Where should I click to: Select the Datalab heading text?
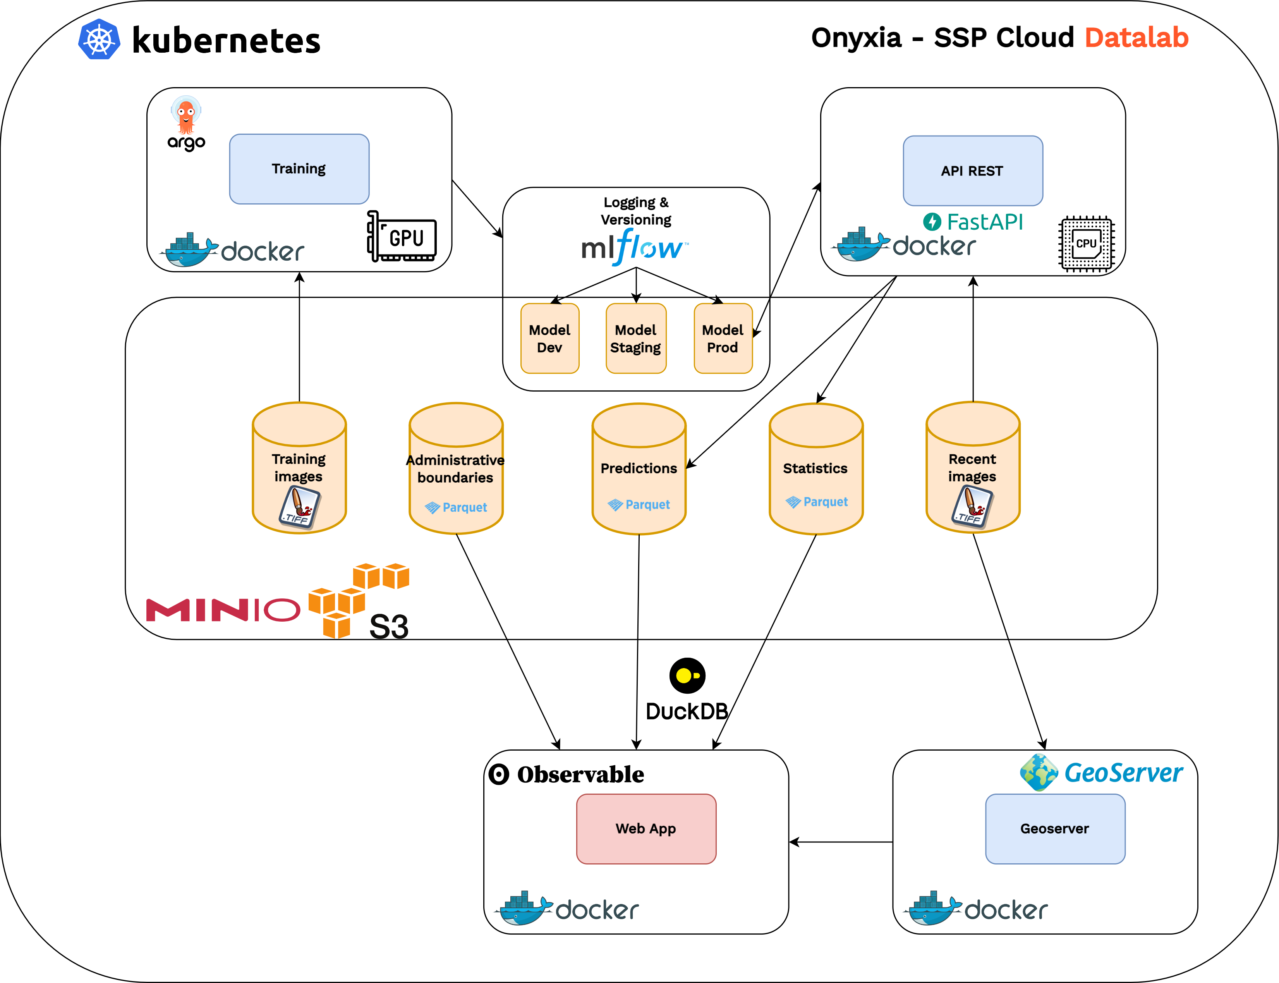[x=1136, y=38]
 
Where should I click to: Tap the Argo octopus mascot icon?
[x=186, y=115]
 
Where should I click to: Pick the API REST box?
[x=972, y=171]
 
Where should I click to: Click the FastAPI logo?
[x=973, y=222]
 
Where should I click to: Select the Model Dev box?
[x=550, y=338]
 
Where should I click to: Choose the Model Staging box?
[x=636, y=338]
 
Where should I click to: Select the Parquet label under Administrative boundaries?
[x=456, y=507]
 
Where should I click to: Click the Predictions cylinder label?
[x=639, y=468]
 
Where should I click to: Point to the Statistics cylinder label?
[x=815, y=468]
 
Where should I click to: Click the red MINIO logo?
[x=223, y=610]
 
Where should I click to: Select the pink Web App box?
[x=646, y=828]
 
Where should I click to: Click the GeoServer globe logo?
[x=1039, y=772]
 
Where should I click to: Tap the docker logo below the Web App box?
[x=567, y=908]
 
